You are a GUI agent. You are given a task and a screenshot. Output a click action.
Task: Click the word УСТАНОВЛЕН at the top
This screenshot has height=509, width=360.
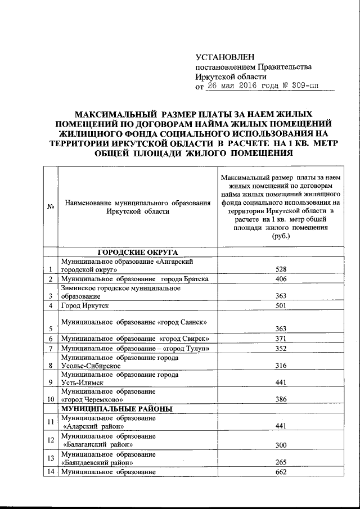224,57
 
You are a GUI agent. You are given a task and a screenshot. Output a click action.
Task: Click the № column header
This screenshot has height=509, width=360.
50,207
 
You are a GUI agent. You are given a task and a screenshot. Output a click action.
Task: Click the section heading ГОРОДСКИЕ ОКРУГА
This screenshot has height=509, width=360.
137,253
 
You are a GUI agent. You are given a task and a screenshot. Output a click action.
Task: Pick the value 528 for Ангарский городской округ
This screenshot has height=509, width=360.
281,269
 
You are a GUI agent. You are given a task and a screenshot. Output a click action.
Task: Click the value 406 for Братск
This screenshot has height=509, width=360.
281,279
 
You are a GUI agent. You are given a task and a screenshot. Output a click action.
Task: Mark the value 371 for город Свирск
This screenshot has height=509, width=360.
281,339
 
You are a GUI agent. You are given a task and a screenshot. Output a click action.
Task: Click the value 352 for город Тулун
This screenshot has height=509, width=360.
281,349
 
